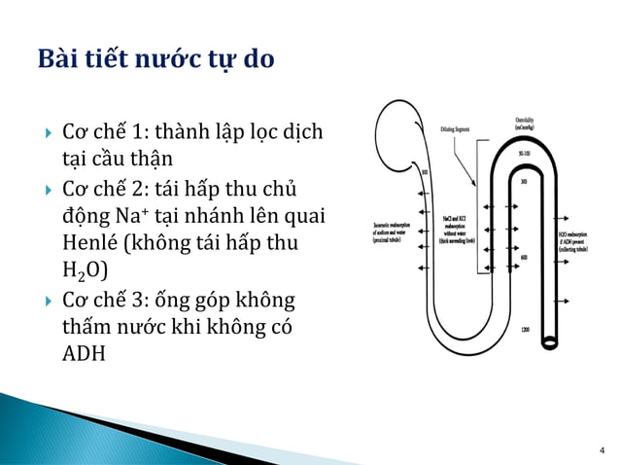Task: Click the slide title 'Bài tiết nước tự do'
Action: pyautogui.click(x=155, y=59)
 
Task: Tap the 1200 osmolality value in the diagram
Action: pyautogui.click(x=525, y=332)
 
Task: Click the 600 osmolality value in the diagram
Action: pyautogui.click(x=525, y=258)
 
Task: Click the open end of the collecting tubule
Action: pyautogui.click(x=552, y=342)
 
